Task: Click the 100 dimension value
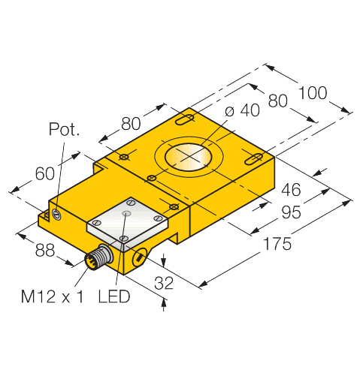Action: [x=313, y=92]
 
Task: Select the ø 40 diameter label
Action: [x=242, y=110]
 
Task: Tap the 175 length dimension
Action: [x=277, y=244]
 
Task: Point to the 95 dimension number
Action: [x=291, y=212]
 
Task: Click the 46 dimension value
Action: [x=291, y=190]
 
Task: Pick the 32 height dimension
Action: [x=164, y=283]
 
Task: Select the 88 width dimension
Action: [x=45, y=250]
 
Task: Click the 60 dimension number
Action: [x=44, y=173]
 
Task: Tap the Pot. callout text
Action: [x=64, y=129]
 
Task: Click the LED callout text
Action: [x=114, y=296]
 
